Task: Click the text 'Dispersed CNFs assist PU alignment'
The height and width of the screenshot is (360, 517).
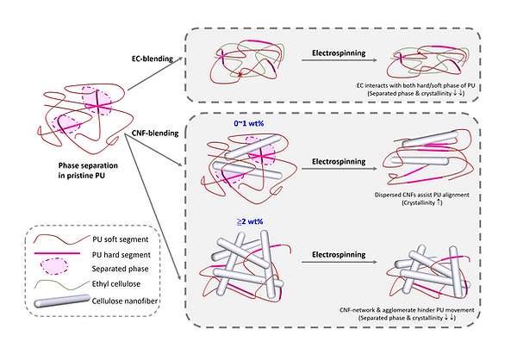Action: pyautogui.click(x=427, y=196)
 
